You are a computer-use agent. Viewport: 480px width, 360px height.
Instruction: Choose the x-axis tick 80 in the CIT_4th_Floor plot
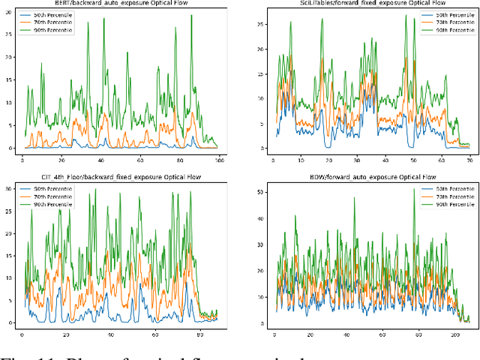(196, 334)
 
